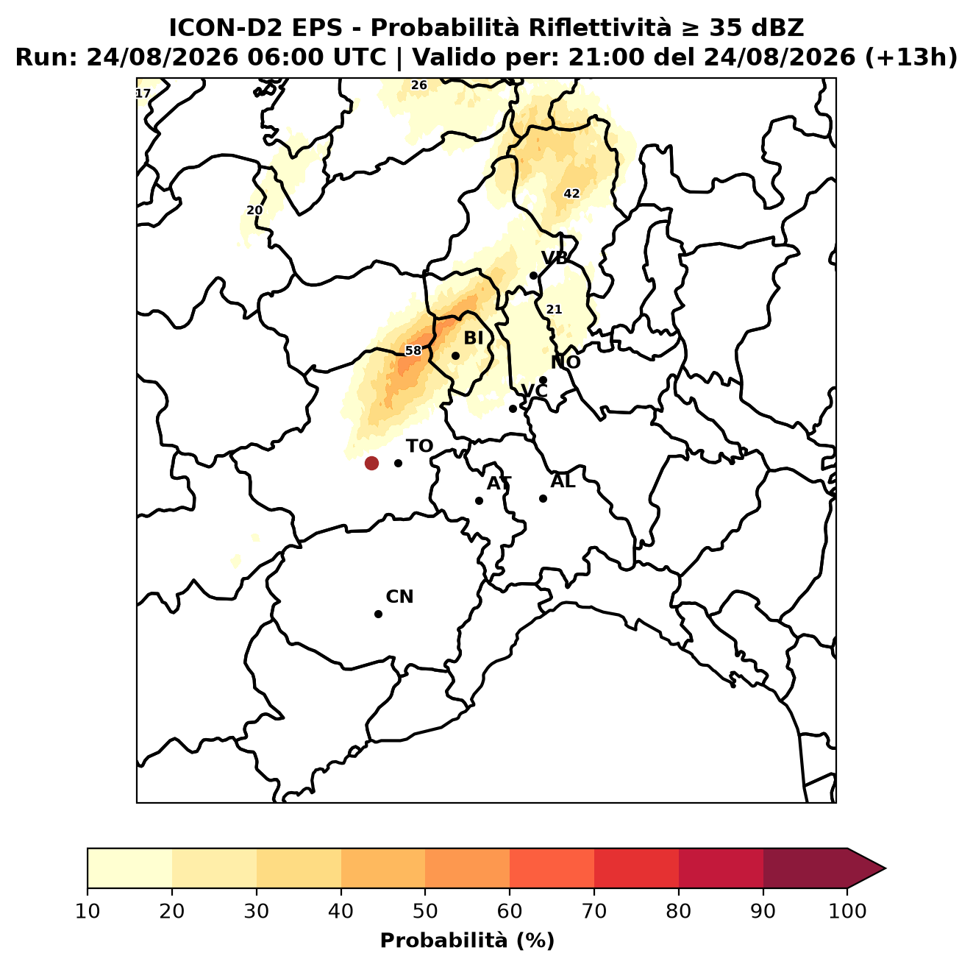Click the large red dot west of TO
click(371, 462)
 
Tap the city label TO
click(420, 446)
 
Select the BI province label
click(473, 338)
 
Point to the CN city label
click(399, 597)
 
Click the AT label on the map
click(499, 483)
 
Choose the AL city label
click(563, 481)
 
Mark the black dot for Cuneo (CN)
click(378, 614)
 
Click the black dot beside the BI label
click(455, 355)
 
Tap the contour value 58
click(413, 350)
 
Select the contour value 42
click(571, 194)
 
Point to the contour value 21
click(554, 309)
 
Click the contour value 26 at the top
click(418, 85)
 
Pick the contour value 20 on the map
click(254, 210)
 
